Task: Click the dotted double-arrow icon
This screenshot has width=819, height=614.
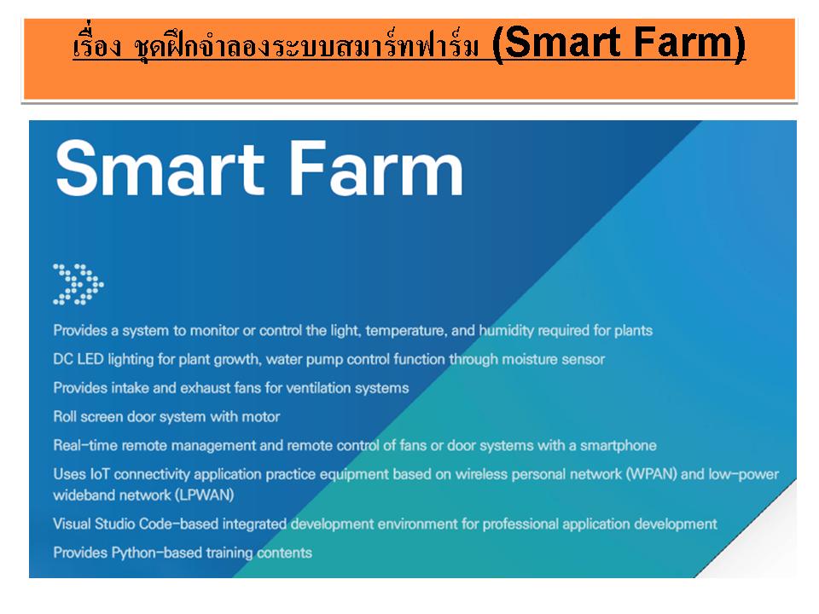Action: point(78,285)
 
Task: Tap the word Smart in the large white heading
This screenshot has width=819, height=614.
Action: point(160,169)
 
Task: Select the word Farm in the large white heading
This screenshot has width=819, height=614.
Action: point(375,169)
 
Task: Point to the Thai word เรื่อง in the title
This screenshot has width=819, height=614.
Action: point(97,45)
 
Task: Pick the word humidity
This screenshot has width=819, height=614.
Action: point(507,331)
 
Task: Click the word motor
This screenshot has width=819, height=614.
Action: point(261,417)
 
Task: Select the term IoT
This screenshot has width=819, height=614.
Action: point(100,474)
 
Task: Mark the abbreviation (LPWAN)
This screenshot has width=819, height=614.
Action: point(204,495)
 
